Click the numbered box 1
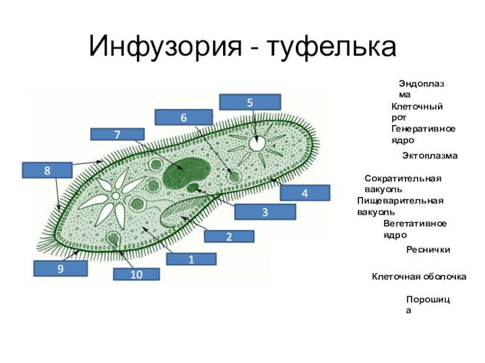tap(191, 260)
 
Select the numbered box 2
tap(229, 237)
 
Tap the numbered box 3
tap(265, 212)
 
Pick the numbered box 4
tap(305, 193)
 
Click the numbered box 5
tap(250, 102)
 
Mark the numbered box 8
tap(46, 171)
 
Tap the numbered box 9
tap(59, 269)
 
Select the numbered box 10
tap(136, 275)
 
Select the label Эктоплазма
tap(430, 155)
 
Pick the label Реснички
tap(428, 249)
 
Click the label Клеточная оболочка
tap(418, 276)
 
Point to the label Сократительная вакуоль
tap(403, 183)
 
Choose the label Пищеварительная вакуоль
tap(400, 206)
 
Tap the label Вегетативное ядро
tap(415, 229)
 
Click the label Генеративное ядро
tap(423, 134)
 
